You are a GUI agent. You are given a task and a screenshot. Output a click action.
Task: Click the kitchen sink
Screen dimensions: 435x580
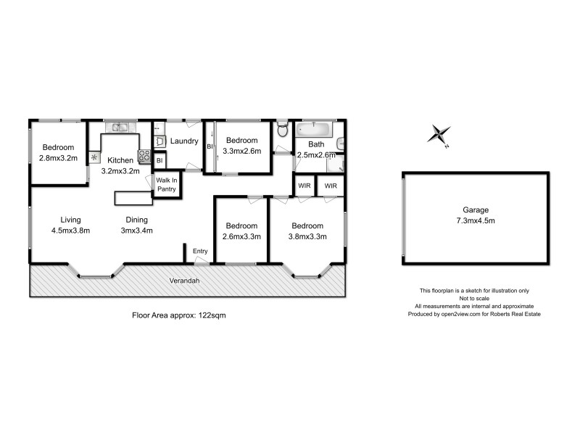120,128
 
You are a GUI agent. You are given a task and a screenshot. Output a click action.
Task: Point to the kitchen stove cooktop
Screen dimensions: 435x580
144,155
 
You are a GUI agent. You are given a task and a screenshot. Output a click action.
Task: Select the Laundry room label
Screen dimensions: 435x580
184,141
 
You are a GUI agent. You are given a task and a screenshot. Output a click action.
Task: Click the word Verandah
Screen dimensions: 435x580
185,280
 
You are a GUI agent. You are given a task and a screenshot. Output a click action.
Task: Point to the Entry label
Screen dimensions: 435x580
200,252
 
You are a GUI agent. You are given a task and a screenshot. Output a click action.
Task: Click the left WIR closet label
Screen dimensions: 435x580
304,186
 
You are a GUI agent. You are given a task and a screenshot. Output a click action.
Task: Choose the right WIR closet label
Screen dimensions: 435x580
331,186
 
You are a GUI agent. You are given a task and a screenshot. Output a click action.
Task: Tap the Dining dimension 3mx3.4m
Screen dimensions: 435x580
136,231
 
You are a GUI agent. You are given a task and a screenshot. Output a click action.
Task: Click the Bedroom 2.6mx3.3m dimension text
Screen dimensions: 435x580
241,236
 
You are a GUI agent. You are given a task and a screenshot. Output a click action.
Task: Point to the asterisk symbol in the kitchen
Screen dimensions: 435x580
94,156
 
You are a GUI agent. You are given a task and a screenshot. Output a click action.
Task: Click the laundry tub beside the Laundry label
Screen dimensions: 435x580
161,141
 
